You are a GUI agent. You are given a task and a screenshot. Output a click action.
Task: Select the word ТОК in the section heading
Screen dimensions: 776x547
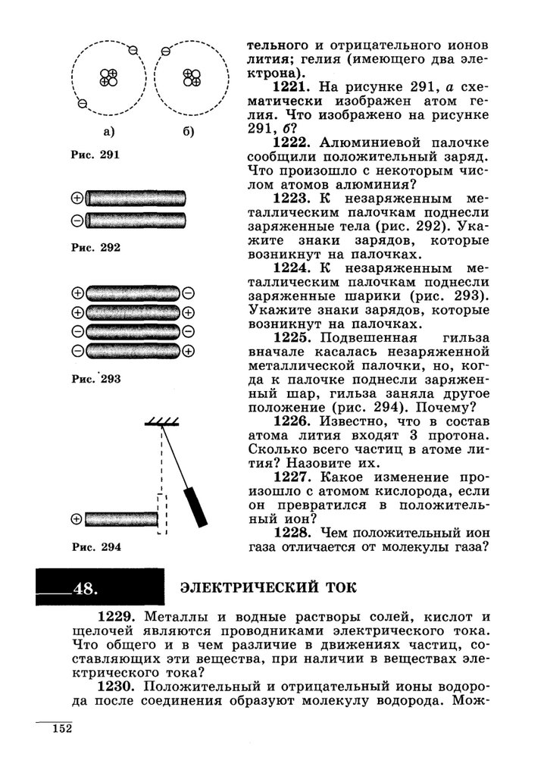pyautogui.click(x=333, y=588)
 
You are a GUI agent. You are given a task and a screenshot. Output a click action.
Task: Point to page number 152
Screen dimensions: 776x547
pyautogui.click(x=61, y=729)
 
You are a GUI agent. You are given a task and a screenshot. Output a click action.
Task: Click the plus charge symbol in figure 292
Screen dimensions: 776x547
pyautogui.click(x=77, y=199)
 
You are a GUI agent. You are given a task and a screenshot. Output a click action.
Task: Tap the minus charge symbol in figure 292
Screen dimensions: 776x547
pyautogui.click(x=77, y=221)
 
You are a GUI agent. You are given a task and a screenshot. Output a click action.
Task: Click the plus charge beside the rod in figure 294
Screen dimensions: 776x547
pyautogui.click(x=76, y=519)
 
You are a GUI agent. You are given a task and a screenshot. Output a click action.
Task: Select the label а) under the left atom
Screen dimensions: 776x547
pyautogui.click(x=108, y=131)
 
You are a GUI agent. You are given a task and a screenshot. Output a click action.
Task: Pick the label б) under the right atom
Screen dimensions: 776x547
pyautogui.click(x=189, y=131)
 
